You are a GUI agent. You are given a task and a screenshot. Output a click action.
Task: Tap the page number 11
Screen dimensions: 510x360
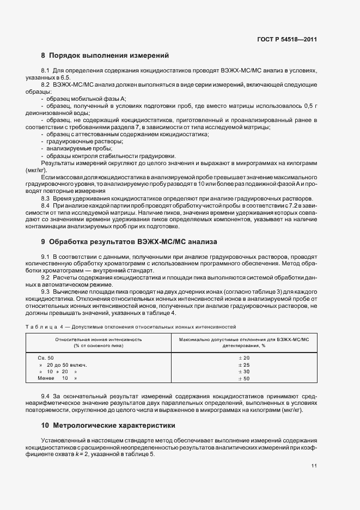pos(314,466)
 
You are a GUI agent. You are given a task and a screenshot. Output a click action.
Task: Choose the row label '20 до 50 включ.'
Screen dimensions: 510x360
pos(63,365)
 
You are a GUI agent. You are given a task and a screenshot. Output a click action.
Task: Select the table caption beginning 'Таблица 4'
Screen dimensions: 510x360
pos(131,326)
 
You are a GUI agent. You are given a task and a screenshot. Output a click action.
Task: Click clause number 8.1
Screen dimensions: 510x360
pos(46,71)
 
